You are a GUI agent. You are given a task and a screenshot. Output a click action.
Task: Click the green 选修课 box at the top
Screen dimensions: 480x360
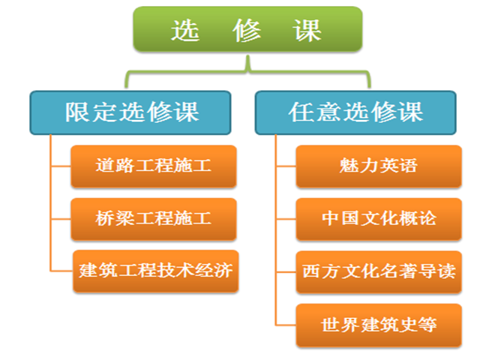click(247, 29)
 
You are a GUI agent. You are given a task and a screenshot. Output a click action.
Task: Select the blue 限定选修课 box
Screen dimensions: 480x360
click(130, 112)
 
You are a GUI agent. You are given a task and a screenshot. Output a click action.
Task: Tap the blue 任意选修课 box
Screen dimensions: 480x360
click(355, 112)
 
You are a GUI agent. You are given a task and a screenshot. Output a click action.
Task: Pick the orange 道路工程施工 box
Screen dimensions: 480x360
click(154, 166)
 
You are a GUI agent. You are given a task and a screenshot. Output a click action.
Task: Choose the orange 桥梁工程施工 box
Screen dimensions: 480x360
click(154, 219)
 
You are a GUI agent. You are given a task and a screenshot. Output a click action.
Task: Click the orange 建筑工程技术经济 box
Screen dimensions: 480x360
click(156, 271)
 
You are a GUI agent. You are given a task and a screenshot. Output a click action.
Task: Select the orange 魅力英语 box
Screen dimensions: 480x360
click(379, 166)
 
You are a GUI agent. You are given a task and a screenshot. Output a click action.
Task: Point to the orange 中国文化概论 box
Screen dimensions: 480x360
click(379, 219)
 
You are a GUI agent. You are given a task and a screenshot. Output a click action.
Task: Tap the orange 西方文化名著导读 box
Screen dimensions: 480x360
click(379, 271)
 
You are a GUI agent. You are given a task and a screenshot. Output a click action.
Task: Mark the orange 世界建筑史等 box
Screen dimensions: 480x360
click(379, 325)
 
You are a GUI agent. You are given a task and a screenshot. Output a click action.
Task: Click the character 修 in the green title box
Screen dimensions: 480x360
click(247, 30)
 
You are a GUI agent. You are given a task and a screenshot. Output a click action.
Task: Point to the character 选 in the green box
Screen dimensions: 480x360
click(185, 30)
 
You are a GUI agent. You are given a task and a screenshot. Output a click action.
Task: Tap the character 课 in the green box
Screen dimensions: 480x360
click(307, 30)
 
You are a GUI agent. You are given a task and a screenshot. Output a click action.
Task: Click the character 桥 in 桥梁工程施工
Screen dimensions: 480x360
click(105, 218)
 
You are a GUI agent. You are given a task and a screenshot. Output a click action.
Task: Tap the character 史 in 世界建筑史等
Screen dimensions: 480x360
click(408, 325)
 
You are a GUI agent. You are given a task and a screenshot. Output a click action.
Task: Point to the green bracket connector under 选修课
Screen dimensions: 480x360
click(247, 72)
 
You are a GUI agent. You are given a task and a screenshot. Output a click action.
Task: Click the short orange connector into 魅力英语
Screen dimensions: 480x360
click(286, 166)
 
